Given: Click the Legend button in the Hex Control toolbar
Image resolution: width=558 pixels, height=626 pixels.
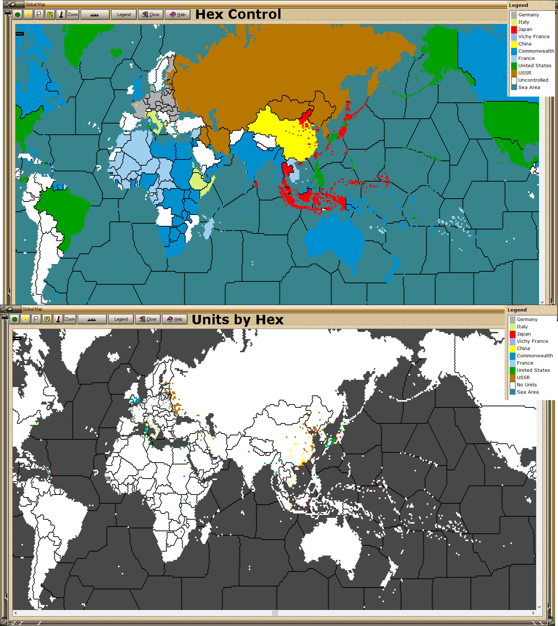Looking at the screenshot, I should pyautogui.click(x=124, y=15).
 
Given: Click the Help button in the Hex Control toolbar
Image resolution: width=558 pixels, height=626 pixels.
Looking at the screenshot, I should pyautogui.click(x=178, y=15).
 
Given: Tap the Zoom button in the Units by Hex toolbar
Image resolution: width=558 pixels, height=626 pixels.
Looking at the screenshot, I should pyautogui.click(x=70, y=319).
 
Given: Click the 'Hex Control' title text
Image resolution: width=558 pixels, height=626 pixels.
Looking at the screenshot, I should pyautogui.click(x=238, y=15).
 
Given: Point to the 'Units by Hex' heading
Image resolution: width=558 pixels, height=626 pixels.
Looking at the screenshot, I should pyautogui.click(x=238, y=320).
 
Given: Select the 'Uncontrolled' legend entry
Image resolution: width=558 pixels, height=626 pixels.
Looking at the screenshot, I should pyautogui.click(x=533, y=80).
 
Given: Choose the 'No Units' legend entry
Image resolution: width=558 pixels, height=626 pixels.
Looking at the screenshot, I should pyautogui.click(x=526, y=385).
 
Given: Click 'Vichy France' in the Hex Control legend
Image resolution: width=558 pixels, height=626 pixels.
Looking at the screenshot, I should pyautogui.click(x=534, y=36).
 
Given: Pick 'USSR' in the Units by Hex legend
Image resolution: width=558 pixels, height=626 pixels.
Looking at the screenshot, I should pyautogui.click(x=523, y=377).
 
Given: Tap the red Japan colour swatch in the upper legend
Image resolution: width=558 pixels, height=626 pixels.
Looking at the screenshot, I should pyautogui.click(x=514, y=29).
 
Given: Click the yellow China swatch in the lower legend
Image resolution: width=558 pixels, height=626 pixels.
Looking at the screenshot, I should pyautogui.click(x=512, y=348).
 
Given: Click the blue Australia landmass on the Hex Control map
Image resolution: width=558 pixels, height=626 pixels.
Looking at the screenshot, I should pyautogui.click(x=334, y=240).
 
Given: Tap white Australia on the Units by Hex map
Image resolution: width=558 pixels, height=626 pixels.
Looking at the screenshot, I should pyautogui.click(x=331, y=545).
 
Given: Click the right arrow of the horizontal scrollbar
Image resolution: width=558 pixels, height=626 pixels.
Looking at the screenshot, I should pyautogui.click(x=533, y=613).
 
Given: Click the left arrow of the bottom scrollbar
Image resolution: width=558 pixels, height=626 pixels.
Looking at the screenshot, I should pyautogui.click(x=15, y=613).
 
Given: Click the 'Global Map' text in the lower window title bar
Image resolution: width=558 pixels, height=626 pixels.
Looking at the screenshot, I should pyautogui.click(x=32, y=309).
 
